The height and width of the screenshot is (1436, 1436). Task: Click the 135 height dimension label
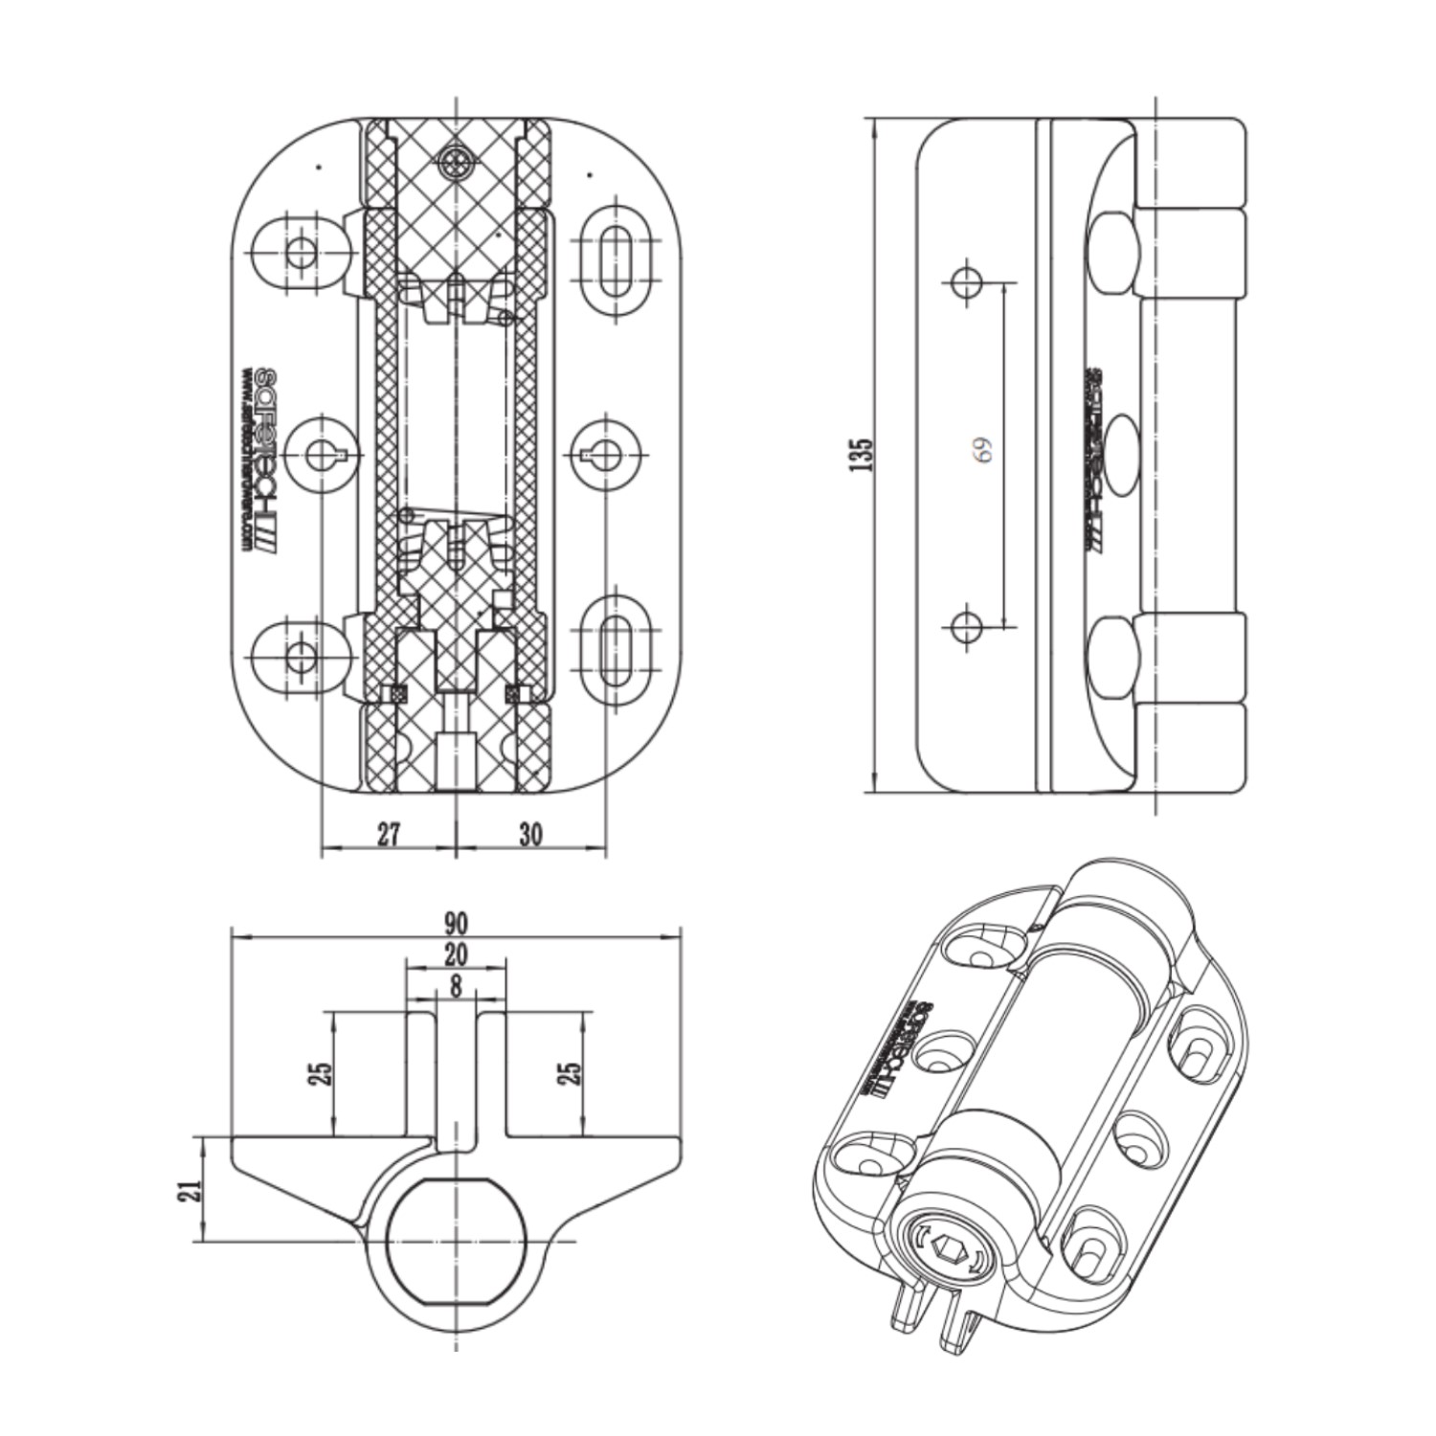coord(863,455)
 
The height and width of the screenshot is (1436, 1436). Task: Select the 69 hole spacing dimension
coord(983,450)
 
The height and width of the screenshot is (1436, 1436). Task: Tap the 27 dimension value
coord(388,834)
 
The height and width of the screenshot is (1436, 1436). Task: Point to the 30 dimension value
coord(530,834)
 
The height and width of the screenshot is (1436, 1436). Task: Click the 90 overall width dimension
coord(456,923)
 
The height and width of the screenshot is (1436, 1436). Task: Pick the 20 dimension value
coord(456,954)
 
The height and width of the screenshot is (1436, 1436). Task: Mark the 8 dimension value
coord(456,985)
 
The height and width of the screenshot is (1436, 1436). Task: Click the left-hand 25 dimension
coord(323,1073)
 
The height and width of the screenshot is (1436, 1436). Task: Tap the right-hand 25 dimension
coord(571,1073)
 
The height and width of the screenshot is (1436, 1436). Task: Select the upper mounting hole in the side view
coord(966,281)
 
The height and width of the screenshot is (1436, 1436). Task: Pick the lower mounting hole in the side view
coord(966,627)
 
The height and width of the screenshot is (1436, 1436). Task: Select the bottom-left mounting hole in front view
coord(301,656)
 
